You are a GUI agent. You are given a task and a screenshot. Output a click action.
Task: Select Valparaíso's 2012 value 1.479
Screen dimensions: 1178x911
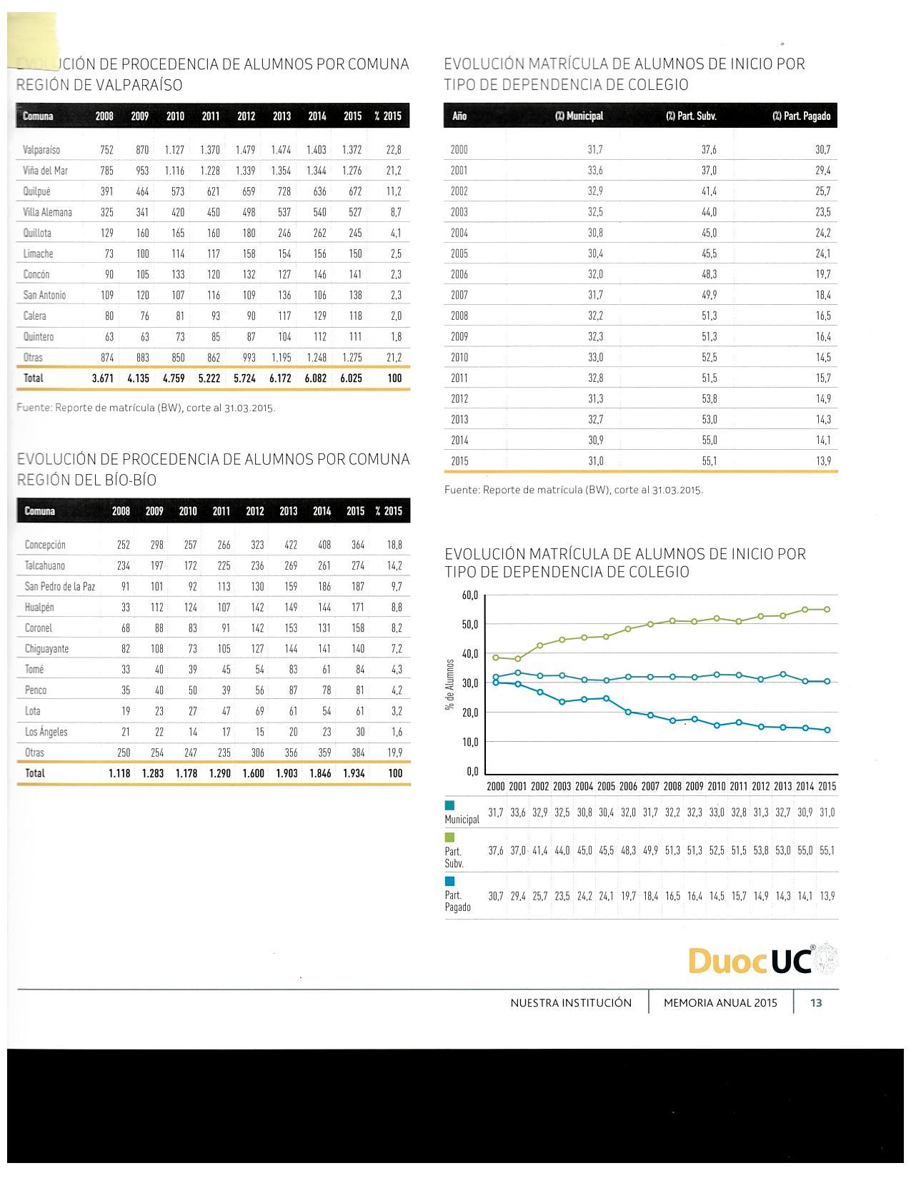pyautogui.click(x=245, y=150)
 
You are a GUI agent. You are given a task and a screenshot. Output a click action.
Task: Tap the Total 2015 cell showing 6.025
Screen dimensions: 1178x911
pyautogui.click(x=351, y=378)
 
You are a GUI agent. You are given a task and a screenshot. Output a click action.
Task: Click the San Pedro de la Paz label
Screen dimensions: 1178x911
pyautogui.click(x=60, y=587)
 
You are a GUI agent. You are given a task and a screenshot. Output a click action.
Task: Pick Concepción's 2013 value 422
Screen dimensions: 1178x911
pyautogui.click(x=290, y=545)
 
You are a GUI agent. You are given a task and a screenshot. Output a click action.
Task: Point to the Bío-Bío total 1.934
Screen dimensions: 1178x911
pyautogui.click(x=354, y=773)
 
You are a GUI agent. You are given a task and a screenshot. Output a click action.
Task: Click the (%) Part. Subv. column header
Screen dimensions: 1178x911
pyautogui.click(x=691, y=116)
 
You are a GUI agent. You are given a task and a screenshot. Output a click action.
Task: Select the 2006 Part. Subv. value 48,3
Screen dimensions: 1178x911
pyautogui.click(x=709, y=274)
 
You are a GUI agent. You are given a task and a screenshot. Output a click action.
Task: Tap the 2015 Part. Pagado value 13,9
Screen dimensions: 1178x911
pyautogui.click(x=823, y=461)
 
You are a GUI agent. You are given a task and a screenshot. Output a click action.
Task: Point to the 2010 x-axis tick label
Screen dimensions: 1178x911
pyautogui.click(x=717, y=786)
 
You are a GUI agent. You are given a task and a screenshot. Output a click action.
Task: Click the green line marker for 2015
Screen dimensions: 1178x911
pyautogui.click(x=827, y=610)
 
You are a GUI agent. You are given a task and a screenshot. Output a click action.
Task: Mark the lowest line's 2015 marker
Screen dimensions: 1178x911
pyautogui.click(x=827, y=730)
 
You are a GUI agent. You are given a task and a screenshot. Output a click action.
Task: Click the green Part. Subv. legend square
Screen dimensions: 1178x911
pyautogui.click(x=449, y=837)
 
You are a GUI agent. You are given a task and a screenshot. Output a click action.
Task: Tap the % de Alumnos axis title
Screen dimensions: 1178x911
pyautogui.click(x=450, y=685)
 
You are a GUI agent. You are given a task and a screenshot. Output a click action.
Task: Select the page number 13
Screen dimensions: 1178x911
pyautogui.click(x=816, y=1003)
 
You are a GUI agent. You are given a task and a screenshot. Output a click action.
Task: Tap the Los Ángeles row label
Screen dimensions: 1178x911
pyautogui.click(x=46, y=732)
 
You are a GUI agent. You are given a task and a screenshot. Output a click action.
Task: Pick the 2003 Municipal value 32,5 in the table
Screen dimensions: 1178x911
pyautogui.click(x=595, y=212)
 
